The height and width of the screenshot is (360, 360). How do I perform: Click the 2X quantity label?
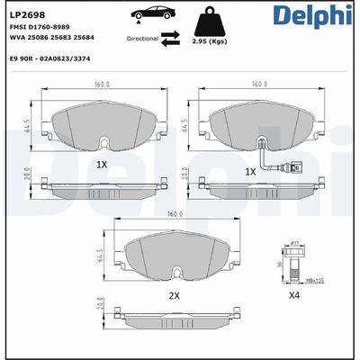coord(174,295)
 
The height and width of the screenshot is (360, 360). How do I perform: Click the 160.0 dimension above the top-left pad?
coord(102,85)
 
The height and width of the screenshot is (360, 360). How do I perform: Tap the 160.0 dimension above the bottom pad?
coord(175,215)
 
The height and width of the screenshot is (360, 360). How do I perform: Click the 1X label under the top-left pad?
coord(102,166)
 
